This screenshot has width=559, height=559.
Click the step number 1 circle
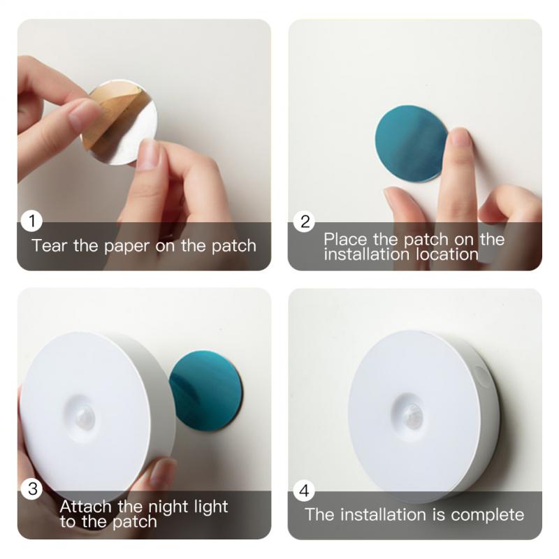[x=31, y=222]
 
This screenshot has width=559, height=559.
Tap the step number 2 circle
[x=305, y=222]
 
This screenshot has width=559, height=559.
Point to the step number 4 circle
[x=304, y=491]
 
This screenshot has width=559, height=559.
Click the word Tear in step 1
[x=49, y=245]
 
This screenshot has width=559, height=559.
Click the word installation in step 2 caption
[x=363, y=254]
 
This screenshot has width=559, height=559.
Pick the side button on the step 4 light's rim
[x=482, y=377]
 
